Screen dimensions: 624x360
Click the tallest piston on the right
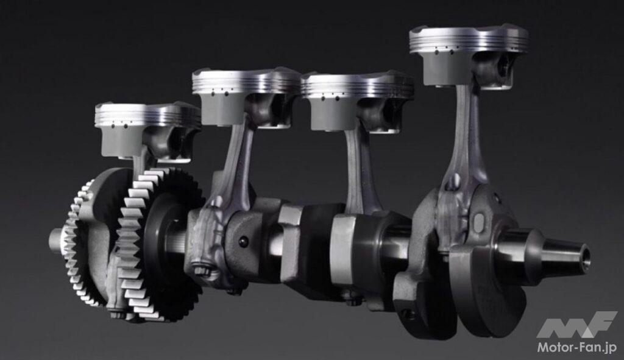coord(469,55)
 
